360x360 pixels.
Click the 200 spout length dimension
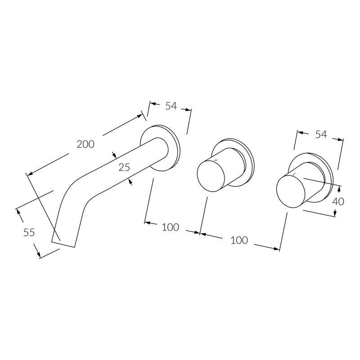click(x=85, y=144)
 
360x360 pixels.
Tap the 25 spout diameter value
click(x=124, y=167)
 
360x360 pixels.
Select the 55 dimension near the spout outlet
click(x=29, y=233)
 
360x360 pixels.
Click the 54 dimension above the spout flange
click(x=171, y=106)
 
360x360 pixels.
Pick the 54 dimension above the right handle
click(x=321, y=134)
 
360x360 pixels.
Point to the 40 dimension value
click(x=338, y=202)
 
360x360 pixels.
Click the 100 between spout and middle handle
click(x=171, y=227)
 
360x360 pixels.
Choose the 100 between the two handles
click(x=239, y=240)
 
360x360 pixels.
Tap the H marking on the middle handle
click(x=216, y=160)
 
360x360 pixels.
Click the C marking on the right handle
click(x=294, y=175)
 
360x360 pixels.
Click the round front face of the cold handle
click(x=291, y=191)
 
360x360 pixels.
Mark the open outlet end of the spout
click(x=63, y=244)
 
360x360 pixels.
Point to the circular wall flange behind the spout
click(x=160, y=148)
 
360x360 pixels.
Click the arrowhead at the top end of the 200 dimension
click(x=139, y=116)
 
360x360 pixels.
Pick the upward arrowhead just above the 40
click(x=339, y=189)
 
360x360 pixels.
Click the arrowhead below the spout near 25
click(x=131, y=182)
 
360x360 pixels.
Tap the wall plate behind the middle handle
click(x=233, y=162)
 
